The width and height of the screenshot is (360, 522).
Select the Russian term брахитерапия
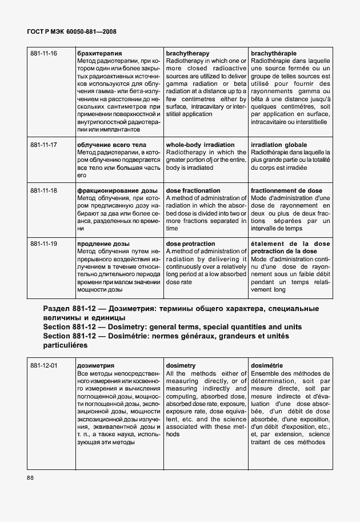coord(99,54)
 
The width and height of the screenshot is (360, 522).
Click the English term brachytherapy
coord(187,54)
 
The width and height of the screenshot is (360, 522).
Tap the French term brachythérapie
coord(274,54)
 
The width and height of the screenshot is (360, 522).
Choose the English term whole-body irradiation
coord(200,145)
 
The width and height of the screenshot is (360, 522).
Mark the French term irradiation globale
coord(279,145)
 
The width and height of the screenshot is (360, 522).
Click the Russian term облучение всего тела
coord(111,145)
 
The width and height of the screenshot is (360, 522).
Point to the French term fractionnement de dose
coord(286,191)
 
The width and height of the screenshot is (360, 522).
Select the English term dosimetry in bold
coord(181,365)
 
